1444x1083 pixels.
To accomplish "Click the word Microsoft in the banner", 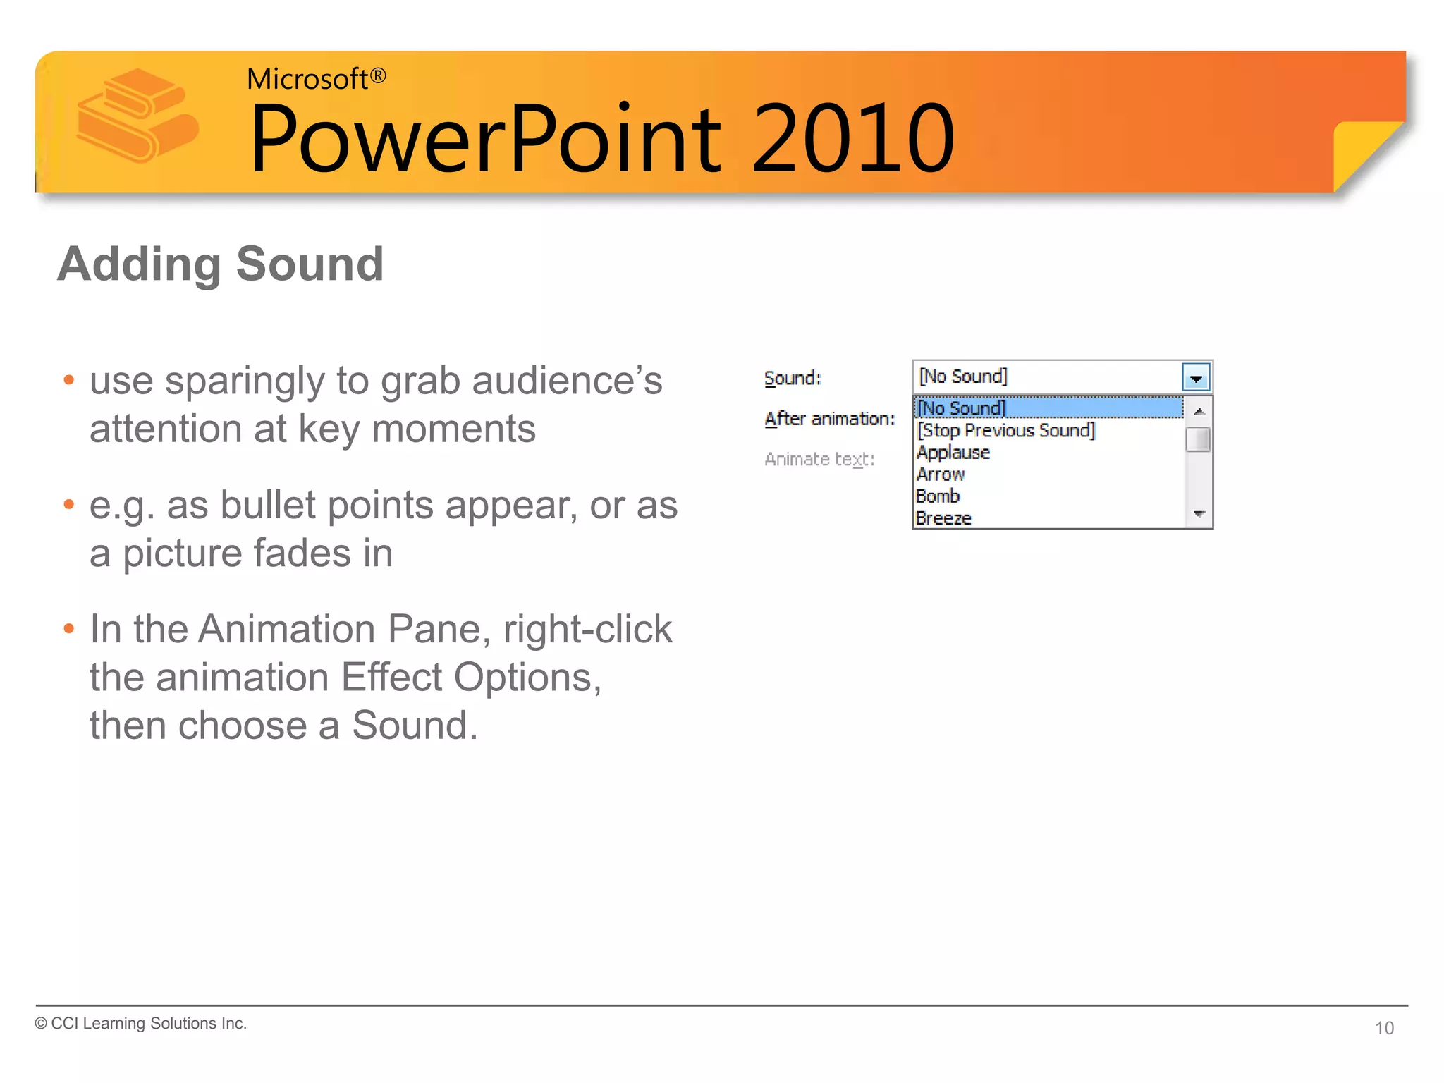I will (307, 79).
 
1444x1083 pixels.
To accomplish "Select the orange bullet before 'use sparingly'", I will (68, 381).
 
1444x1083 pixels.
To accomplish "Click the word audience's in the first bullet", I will (567, 381).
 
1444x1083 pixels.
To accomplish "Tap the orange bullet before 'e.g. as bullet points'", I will (68, 505).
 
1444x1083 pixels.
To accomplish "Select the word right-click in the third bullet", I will (588, 629).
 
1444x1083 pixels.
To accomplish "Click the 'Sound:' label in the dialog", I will (793, 379).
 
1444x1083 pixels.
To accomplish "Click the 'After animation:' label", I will (829, 419).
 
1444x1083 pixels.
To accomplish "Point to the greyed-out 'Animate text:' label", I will (819, 460).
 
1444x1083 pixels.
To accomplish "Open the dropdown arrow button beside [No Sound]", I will (1196, 377).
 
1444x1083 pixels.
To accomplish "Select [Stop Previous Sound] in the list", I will (1005, 430).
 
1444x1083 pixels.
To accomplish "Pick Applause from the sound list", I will (953, 453).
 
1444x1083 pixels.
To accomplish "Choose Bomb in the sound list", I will (938, 496).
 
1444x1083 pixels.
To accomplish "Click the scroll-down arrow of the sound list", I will (1199, 515).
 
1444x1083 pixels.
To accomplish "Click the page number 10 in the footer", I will (1384, 1028).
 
